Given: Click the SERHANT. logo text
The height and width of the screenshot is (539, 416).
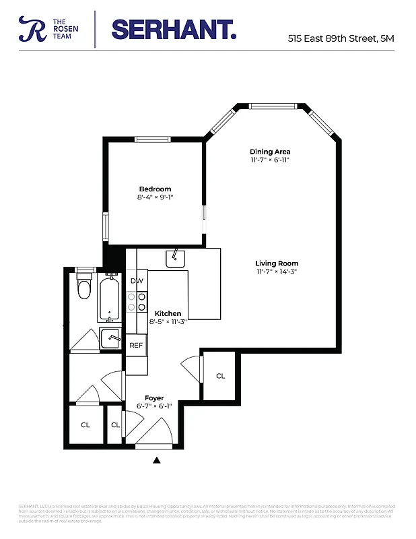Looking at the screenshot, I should coord(174,29).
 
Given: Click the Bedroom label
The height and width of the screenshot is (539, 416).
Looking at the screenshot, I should coord(155,189).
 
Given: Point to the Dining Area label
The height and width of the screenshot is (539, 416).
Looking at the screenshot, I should coord(270,152).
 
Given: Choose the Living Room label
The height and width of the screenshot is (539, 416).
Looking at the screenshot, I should coord(277,263).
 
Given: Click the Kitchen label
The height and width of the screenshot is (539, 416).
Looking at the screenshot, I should coord(168,314).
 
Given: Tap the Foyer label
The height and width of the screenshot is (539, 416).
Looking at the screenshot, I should coord(154,398).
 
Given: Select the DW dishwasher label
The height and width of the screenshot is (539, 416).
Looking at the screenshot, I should coord(137,281).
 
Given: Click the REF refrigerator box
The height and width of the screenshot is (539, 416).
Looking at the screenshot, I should coord(136,345).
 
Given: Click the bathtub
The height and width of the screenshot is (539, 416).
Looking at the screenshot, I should coord(108,298).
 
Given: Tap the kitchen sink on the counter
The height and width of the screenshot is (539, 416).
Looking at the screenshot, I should coord(176,257).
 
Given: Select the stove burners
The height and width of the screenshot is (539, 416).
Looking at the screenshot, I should coord(137,301).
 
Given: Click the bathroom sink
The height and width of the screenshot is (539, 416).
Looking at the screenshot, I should coord(110,338).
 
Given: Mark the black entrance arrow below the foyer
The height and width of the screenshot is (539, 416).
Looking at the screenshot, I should coord(157,460).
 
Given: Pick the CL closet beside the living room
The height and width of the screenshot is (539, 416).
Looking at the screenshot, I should coord(220,376).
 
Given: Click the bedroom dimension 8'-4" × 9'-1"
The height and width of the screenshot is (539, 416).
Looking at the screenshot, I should coord(155,197).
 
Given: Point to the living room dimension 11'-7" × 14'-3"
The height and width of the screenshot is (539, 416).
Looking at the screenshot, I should coord(277,272).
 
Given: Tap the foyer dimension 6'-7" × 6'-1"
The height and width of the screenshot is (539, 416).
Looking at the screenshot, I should coord(154,406).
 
